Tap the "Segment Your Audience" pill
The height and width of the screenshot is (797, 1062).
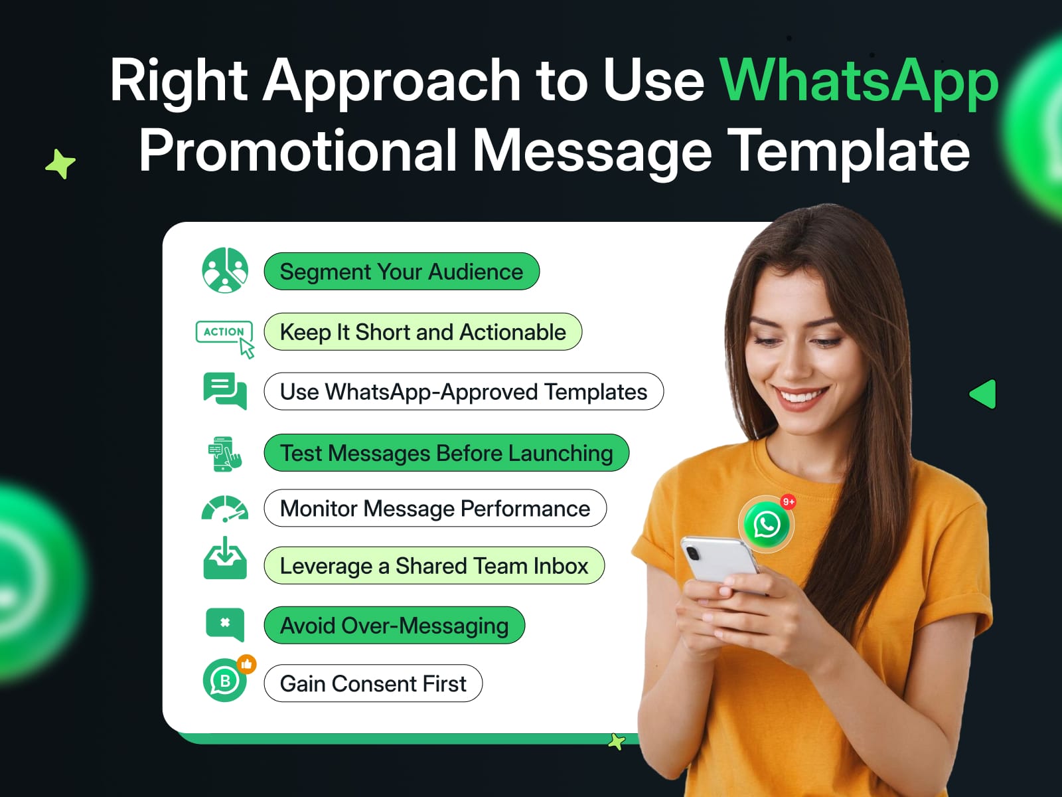click(x=402, y=272)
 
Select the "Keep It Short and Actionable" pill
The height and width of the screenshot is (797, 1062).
click(x=423, y=332)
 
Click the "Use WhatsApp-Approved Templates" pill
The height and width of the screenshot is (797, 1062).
click(x=463, y=391)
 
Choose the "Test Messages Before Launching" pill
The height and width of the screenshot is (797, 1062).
click(x=446, y=453)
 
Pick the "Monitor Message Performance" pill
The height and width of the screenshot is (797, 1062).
click(x=435, y=508)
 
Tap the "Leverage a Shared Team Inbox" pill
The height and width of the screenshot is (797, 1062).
click(x=434, y=566)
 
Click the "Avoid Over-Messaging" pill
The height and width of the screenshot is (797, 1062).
click(x=394, y=625)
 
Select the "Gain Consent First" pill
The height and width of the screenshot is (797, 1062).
click(x=373, y=683)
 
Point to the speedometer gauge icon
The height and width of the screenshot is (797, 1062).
click(x=225, y=509)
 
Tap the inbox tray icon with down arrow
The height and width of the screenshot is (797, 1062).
click(x=225, y=558)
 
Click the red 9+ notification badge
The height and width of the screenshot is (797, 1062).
click(x=789, y=502)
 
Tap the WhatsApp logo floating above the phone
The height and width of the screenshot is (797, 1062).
click(x=767, y=525)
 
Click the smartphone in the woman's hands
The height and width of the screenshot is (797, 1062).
click(x=721, y=561)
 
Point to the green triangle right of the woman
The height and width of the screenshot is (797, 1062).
click(x=983, y=394)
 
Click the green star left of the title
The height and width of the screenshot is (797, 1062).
click(x=60, y=164)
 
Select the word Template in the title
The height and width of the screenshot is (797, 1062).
click(x=849, y=151)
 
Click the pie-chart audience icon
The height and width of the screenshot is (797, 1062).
click(x=225, y=270)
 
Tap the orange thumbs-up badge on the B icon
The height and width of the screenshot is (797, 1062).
click(x=247, y=664)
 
